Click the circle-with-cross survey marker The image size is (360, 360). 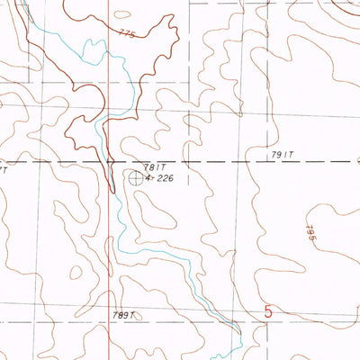coord(135,178)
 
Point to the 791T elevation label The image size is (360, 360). coord(282,156)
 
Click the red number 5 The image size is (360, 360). coord(268,312)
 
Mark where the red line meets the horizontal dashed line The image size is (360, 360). coord(109,162)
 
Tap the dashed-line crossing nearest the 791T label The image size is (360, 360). coord(242,162)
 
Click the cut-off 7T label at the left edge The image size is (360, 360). coord(4,168)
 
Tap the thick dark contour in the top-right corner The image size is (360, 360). coord(346,9)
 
